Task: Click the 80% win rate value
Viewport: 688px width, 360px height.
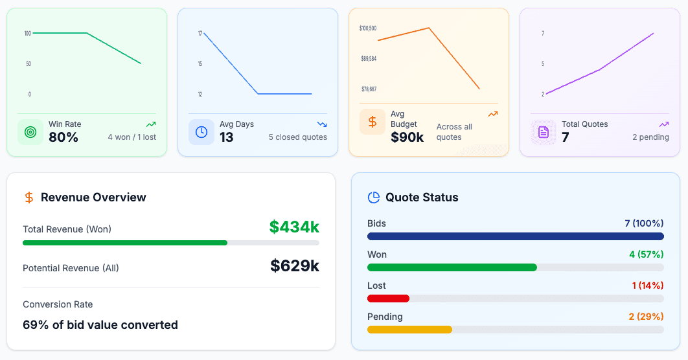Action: point(63,137)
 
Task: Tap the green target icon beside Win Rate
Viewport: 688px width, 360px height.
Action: point(30,132)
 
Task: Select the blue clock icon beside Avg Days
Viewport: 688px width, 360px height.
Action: point(201,132)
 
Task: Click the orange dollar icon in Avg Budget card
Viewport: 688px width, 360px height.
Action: point(373,122)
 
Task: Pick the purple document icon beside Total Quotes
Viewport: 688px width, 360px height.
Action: point(544,132)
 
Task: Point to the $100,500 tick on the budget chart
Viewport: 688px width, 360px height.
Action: point(368,28)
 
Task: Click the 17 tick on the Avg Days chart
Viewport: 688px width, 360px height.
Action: point(200,33)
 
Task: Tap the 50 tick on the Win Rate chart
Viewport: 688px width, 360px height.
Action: point(29,63)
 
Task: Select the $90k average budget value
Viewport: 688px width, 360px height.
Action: point(407,137)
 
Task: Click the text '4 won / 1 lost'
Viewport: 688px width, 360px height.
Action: point(132,137)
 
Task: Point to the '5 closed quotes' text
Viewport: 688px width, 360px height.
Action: point(297,137)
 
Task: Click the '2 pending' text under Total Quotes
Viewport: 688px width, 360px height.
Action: point(650,137)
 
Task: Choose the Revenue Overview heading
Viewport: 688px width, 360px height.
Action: point(93,197)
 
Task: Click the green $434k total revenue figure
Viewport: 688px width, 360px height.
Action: point(294,227)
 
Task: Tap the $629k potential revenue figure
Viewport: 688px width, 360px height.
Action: point(294,266)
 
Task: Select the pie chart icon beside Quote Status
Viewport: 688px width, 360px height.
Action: point(373,197)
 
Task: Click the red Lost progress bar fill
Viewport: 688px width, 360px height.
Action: point(388,298)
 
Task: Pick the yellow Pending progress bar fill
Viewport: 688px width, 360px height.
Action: point(409,330)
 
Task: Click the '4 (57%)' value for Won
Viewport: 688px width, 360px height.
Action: point(646,254)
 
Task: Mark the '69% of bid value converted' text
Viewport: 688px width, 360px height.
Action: point(100,325)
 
